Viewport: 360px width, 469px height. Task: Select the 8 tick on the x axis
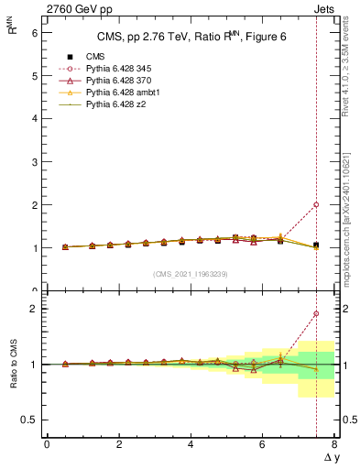334,444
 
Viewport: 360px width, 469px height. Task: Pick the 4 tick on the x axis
191,444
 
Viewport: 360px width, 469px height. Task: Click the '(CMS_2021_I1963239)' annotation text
190,274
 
